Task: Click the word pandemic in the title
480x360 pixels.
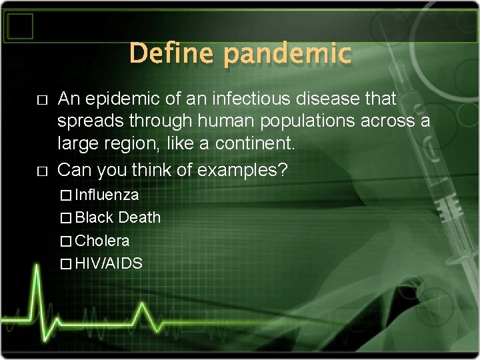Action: [x=287, y=53]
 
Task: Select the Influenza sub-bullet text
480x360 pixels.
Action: [x=107, y=195]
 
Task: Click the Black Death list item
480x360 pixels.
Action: [x=117, y=218]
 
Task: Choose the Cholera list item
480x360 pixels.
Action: [x=102, y=241]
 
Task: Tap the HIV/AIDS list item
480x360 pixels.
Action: [x=109, y=263]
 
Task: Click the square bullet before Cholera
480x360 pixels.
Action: [x=64, y=241]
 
